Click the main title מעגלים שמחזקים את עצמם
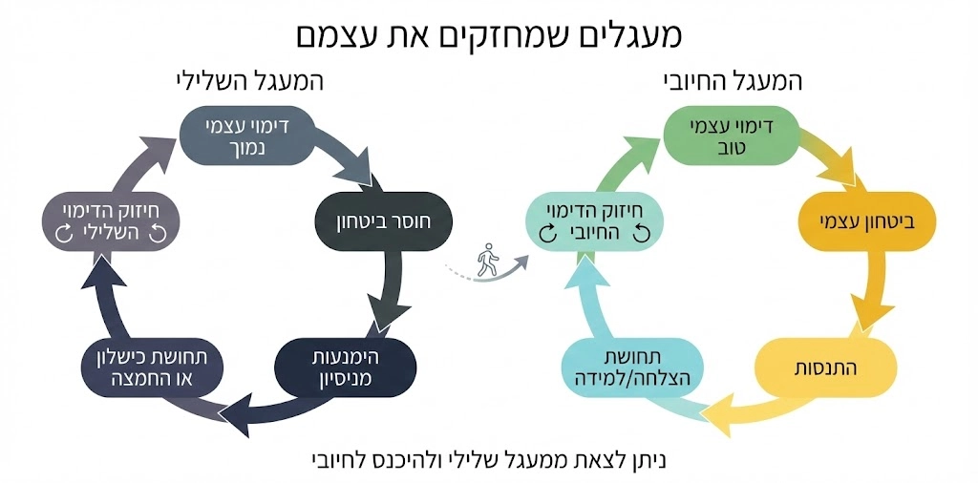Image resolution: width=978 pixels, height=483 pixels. click(488, 35)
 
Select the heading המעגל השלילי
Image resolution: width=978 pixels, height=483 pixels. click(250, 81)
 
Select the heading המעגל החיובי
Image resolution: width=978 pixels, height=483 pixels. click(733, 81)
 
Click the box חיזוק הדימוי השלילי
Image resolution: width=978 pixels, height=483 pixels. click(112, 222)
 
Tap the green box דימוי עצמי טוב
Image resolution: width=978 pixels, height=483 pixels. click(732, 137)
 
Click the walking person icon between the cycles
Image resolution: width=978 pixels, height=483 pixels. click(488, 260)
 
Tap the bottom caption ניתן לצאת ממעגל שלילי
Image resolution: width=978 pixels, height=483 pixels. click(488, 459)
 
